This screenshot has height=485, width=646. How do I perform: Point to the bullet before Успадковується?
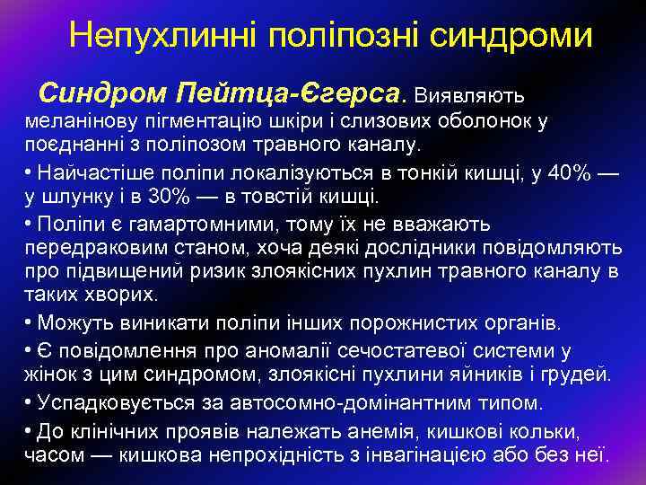[x=30, y=401]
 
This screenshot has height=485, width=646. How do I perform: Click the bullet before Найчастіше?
[x=30, y=172]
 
